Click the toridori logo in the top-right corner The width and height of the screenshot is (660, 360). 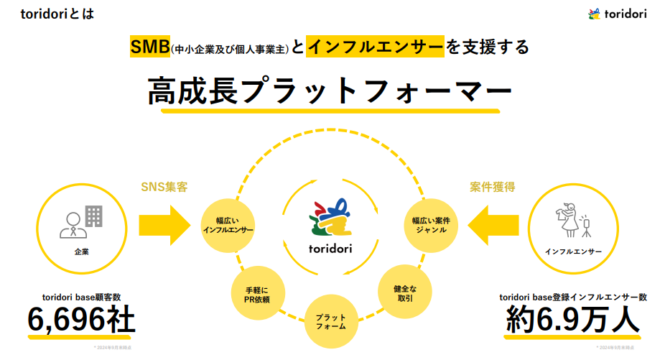click(617, 14)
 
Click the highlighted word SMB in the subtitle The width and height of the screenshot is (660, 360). click(149, 47)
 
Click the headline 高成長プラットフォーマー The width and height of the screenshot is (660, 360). click(330, 91)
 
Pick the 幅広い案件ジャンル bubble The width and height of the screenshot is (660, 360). click(430, 223)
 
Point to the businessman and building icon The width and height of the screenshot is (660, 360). click(80, 221)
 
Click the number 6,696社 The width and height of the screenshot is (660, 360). click(80, 320)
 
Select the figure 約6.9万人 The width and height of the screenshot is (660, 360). click(572, 320)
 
